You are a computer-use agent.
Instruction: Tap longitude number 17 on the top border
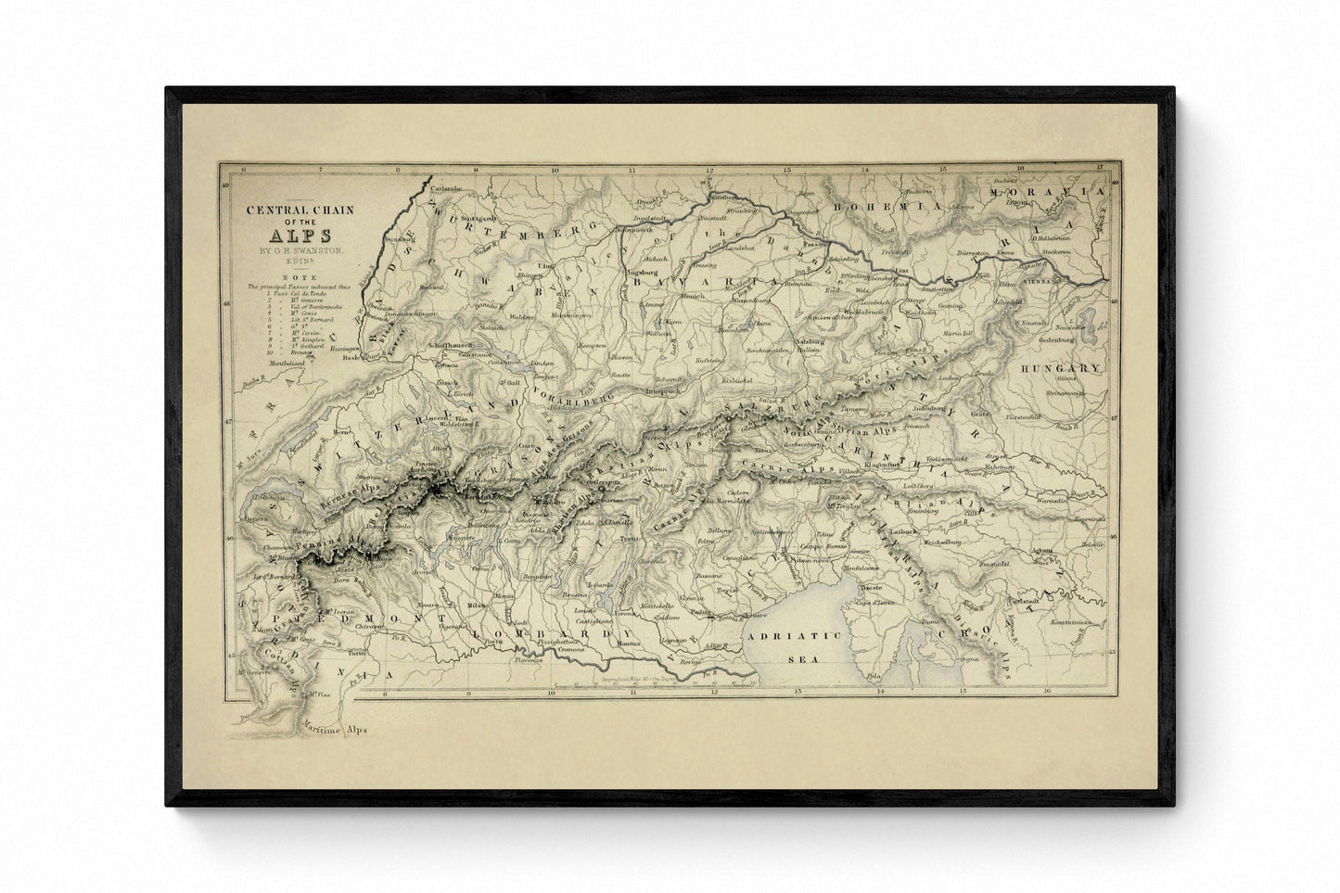[1100, 168]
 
